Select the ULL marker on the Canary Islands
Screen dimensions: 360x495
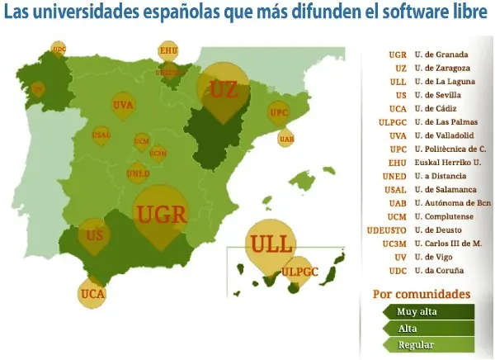[x=271, y=245]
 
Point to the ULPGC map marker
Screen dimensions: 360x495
[x=299, y=271]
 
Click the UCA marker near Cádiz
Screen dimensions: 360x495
[x=92, y=292]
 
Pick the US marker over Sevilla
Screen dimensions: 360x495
[x=95, y=235]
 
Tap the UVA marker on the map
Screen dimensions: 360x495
[x=123, y=106]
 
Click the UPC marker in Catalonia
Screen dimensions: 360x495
[x=279, y=112]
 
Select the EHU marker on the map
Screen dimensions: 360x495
[x=168, y=51]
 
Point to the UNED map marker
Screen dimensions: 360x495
[x=138, y=174]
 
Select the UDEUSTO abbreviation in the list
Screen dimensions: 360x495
[x=386, y=230]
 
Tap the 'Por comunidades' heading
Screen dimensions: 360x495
[x=422, y=293]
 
